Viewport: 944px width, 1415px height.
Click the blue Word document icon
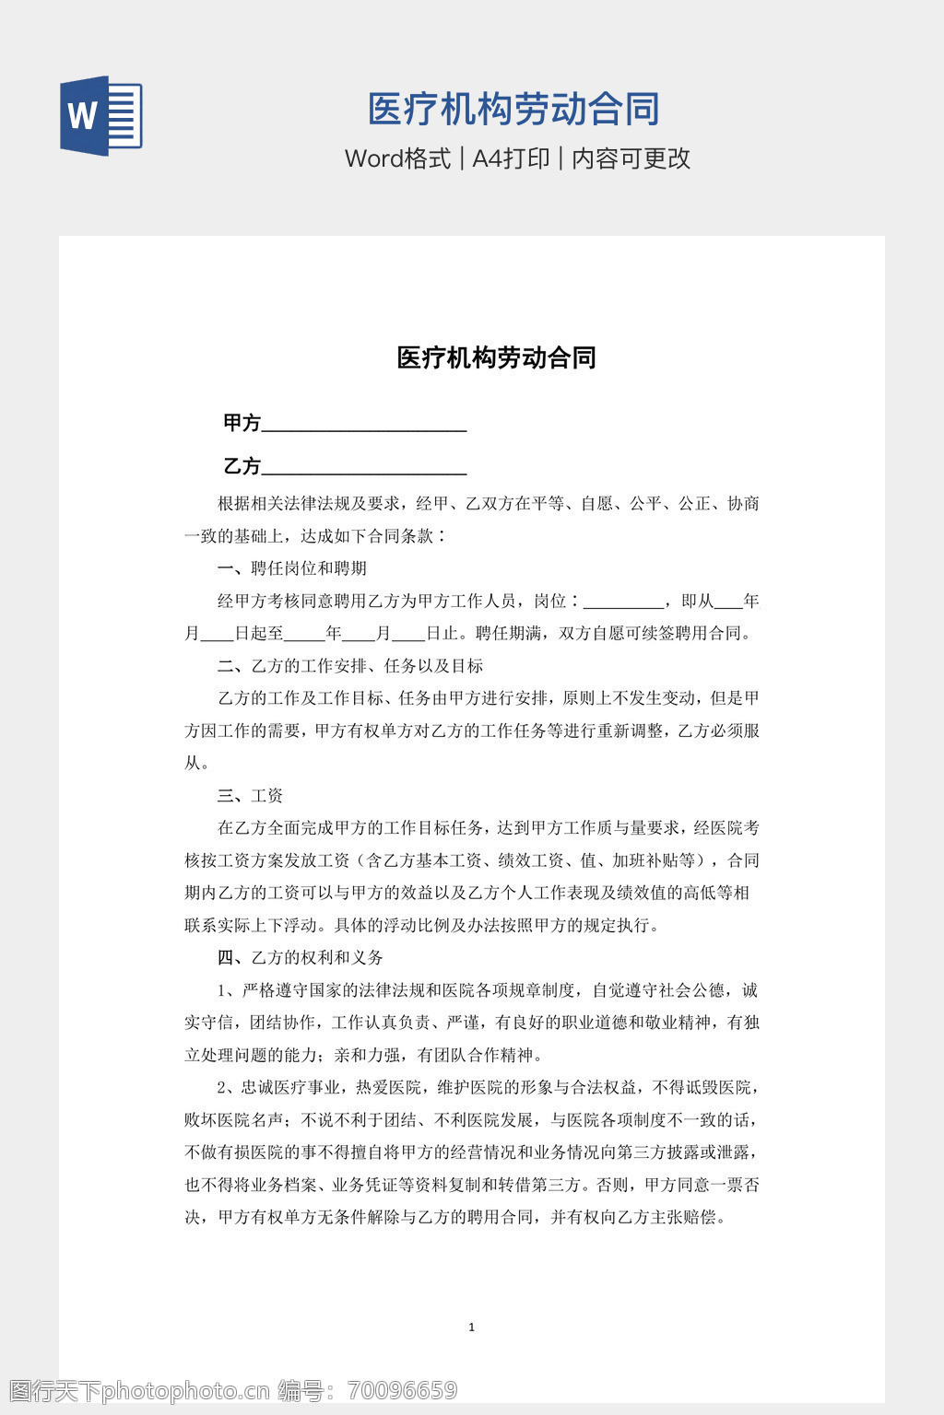coord(100,115)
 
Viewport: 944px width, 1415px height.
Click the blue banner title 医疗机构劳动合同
coord(513,110)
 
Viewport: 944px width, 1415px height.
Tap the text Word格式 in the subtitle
coord(397,158)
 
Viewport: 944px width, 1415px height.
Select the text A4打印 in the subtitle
coord(511,158)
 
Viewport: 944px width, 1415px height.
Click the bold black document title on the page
coord(496,357)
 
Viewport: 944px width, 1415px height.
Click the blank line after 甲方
coord(364,426)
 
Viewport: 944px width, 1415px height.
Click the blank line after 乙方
coord(364,468)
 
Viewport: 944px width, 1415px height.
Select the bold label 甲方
coord(242,423)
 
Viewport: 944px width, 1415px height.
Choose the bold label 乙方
coord(242,466)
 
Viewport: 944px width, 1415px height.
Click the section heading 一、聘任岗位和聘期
coord(292,568)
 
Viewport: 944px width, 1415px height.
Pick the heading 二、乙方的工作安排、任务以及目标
coord(350,666)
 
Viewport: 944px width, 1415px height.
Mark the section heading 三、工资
coord(250,796)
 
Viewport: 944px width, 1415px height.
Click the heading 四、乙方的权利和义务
coord(301,958)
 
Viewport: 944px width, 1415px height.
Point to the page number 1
coord(472,1327)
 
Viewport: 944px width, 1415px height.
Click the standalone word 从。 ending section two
coord(196,764)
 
